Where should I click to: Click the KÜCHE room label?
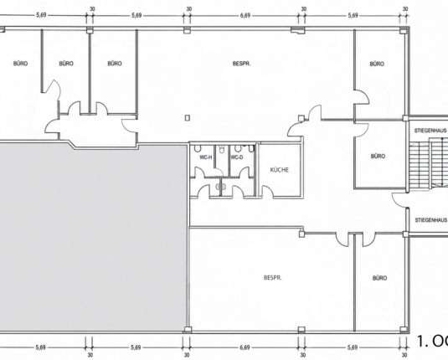(x=279, y=170)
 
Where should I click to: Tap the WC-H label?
(x=206, y=157)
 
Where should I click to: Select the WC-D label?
(x=237, y=157)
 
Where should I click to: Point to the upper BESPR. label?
(x=241, y=64)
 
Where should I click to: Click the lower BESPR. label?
(x=273, y=277)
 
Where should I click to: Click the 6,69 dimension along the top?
(x=245, y=15)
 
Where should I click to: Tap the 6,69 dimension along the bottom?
(x=245, y=347)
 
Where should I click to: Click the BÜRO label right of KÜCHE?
(x=378, y=156)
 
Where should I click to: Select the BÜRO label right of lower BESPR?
(x=379, y=278)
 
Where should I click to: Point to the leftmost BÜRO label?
(x=21, y=63)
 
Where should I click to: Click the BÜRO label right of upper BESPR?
(x=377, y=64)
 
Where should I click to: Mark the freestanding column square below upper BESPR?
(x=188, y=118)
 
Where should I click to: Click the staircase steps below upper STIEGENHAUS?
(x=429, y=166)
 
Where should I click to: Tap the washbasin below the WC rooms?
(x=221, y=187)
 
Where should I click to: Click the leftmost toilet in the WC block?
(x=198, y=148)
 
